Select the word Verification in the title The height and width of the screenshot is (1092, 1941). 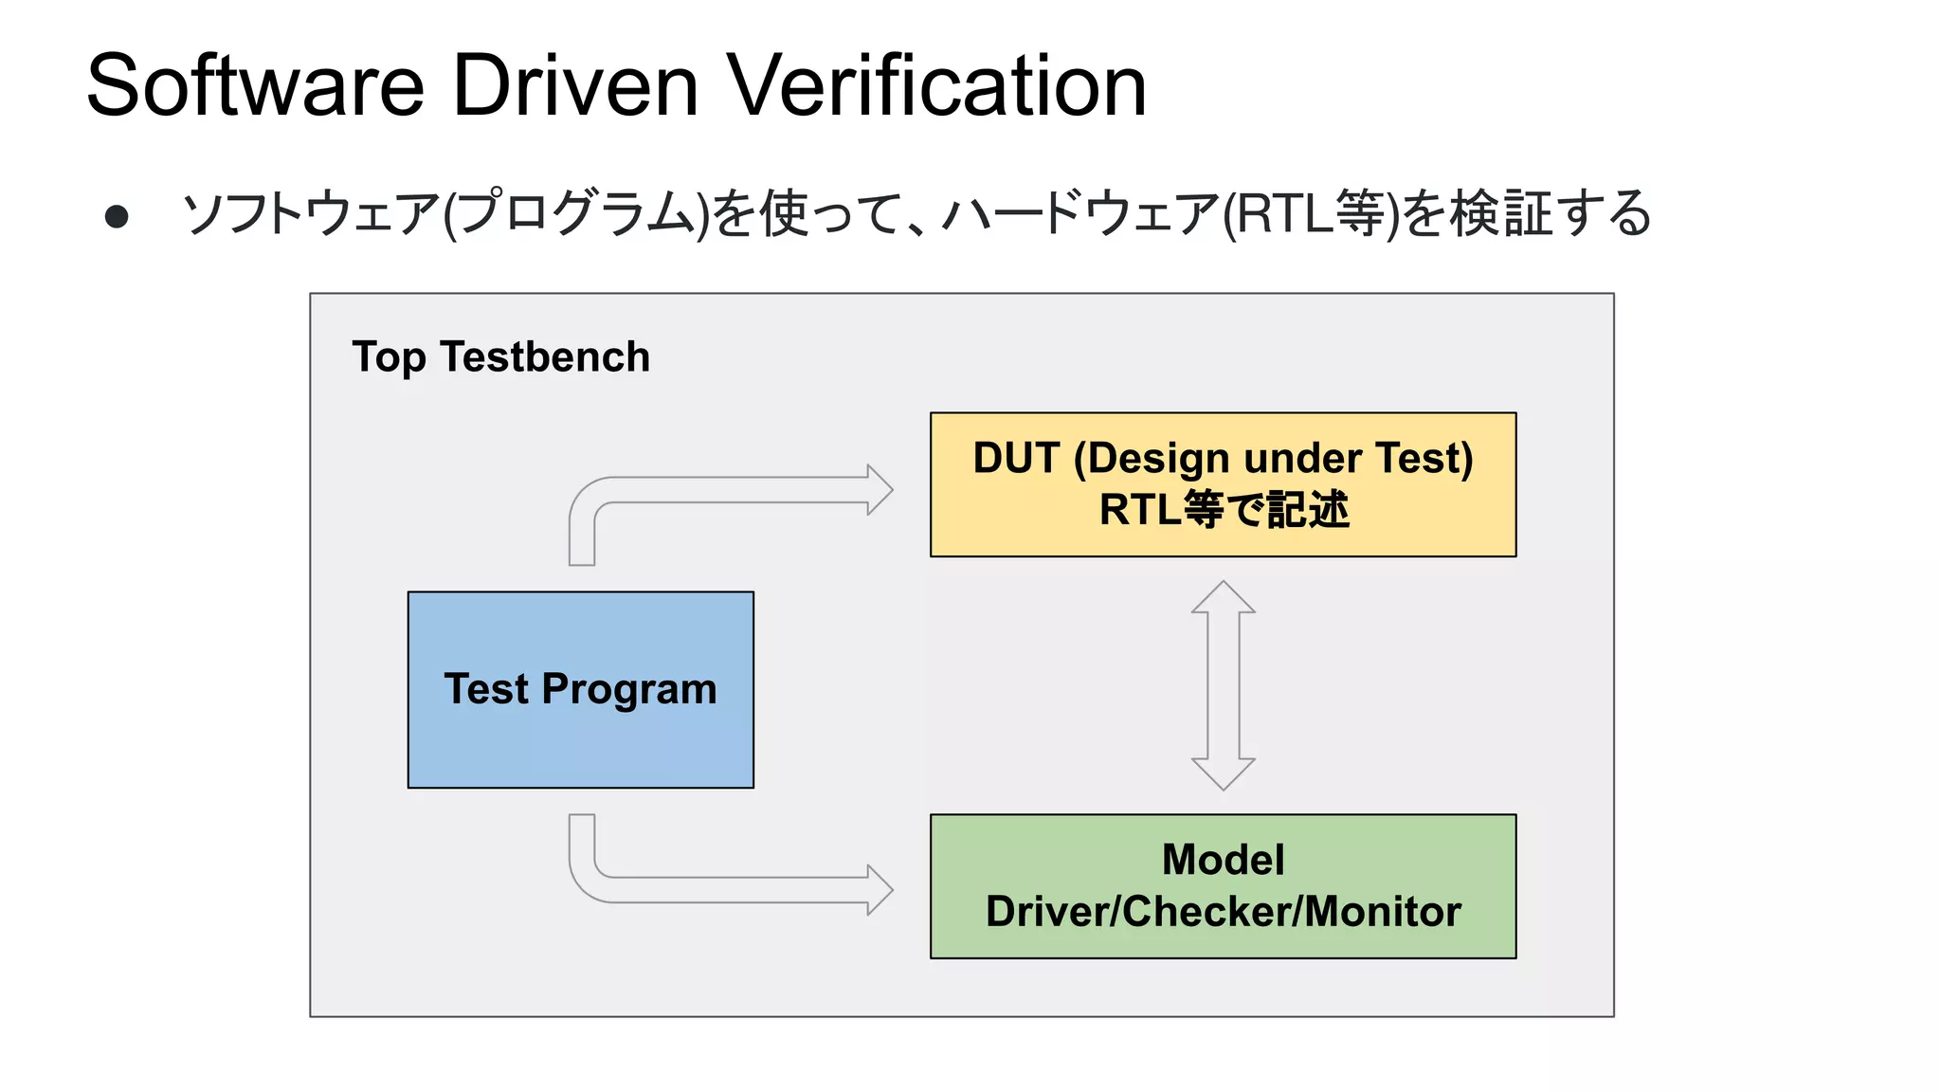[937, 85]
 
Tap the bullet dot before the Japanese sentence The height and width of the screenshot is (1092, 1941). [117, 217]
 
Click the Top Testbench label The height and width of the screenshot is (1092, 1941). [501, 357]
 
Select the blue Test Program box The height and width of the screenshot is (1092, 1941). [581, 690]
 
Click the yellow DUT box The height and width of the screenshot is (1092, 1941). [1224, 484]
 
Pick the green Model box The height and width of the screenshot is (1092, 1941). [1224, 886]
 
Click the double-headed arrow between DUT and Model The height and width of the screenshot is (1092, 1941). [1224, 685]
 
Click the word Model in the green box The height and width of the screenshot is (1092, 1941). [1224, 861]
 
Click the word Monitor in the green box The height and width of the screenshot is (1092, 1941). [1384, 912]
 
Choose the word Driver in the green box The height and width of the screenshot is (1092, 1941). [1048, 912]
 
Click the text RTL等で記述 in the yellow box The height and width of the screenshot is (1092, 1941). [1224, 510]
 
